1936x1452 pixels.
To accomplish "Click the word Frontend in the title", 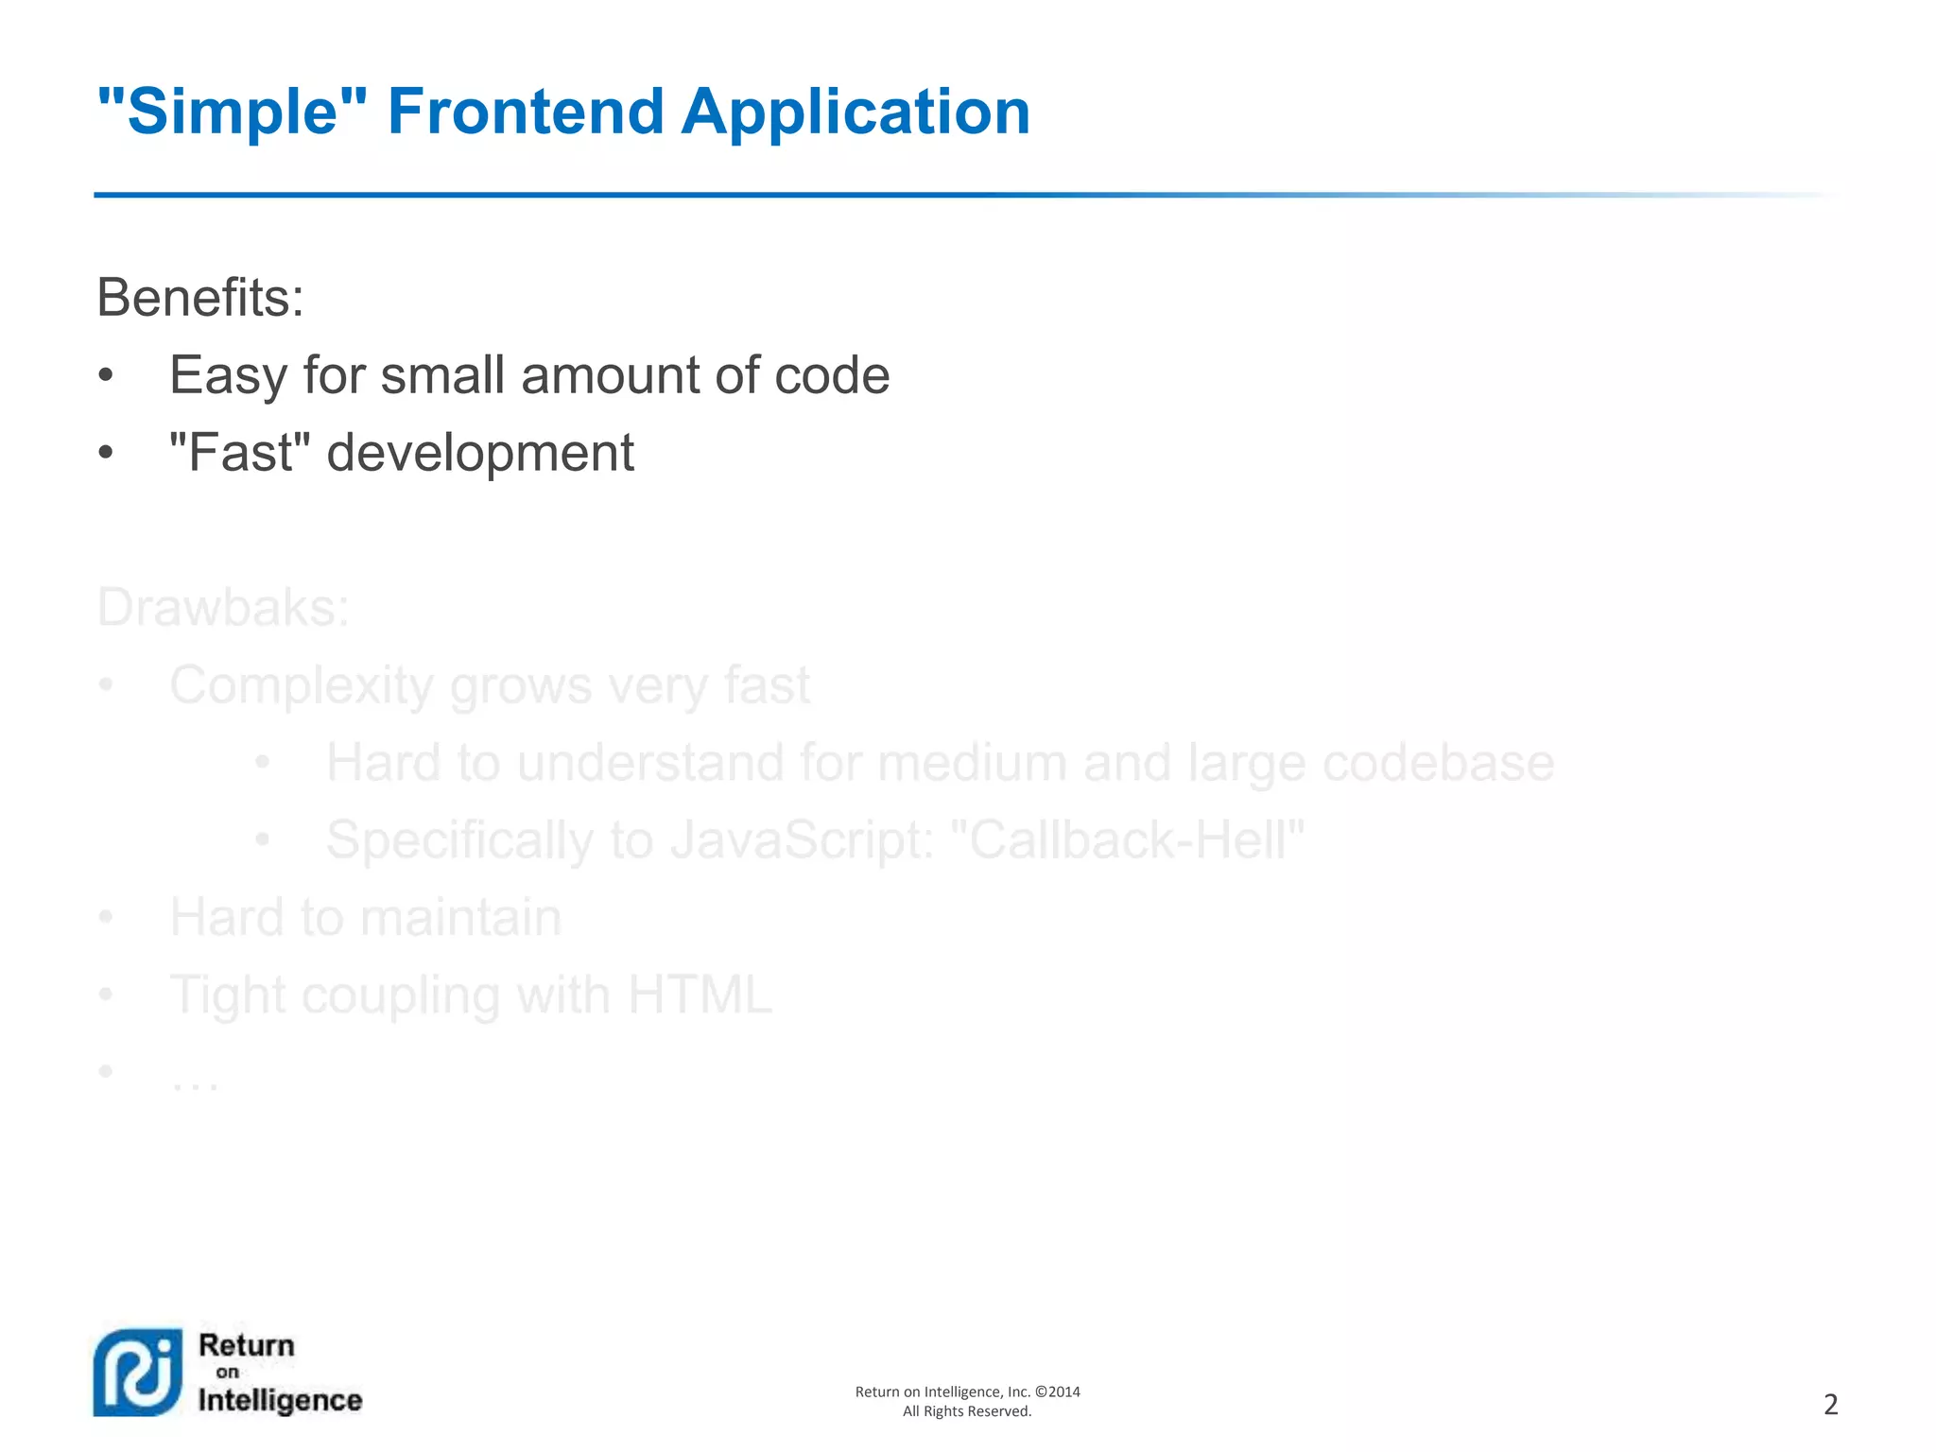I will tap(526, 112).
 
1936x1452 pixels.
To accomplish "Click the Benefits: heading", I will tap(200, 298).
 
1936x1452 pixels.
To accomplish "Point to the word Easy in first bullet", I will tap(227, 376).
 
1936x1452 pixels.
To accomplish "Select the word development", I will tap(480, 454).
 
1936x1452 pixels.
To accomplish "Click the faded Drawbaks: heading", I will tap(223, 607).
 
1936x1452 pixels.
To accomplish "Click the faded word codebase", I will tap(1438, 763).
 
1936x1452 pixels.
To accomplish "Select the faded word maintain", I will tap(460, 918).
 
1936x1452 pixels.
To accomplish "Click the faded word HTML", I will tap(700, 995).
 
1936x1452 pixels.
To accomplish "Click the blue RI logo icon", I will tap(138, 1372).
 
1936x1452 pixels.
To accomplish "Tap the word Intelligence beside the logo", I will tap(280, 1401).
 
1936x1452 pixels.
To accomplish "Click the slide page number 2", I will tap(1830, 1405).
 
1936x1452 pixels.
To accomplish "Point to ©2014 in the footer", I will tap(1058, 1391).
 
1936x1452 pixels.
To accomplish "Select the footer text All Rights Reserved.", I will tap(967, 1411).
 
